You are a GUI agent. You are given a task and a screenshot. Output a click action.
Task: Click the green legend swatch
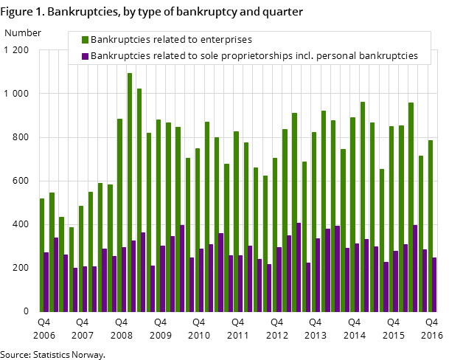pos(86,40)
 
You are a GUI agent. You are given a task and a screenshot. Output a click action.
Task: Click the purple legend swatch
pos(86,56)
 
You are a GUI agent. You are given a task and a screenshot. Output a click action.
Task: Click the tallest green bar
pos(130,192)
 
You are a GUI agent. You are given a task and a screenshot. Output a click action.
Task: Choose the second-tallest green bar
pos(139,199)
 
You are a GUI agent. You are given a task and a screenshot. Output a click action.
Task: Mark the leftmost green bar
pos(42,255)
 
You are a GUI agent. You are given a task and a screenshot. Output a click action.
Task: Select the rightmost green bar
pos(431,225)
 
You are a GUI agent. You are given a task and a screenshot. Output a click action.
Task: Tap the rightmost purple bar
pos(435,284)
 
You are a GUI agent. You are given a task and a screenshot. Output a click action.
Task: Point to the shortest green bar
pos(72,269)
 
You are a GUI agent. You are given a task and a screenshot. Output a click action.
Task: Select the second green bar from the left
pos(52,252)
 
